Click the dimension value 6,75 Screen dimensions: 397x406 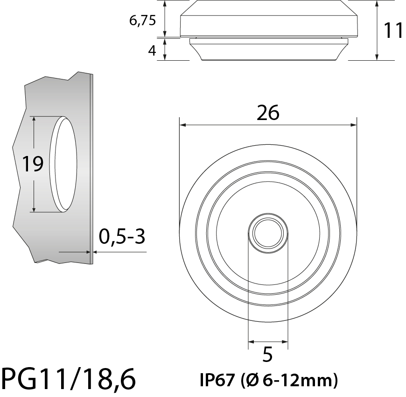click(143, 21)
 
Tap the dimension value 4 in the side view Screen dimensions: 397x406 click(152, 50)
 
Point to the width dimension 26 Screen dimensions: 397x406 click(268, 113)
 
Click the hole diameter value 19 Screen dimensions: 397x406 click(33, 164)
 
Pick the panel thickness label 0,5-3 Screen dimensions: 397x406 click(122, 237)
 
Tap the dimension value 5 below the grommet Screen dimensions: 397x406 click(267, 355)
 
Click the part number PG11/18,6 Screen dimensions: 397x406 click(69, 379)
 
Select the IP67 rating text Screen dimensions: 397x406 click(217, 381)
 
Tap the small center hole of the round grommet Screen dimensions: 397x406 click(268, 233)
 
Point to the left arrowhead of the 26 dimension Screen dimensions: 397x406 click(182, 125)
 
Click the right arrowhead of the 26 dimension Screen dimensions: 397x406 click(354, 125)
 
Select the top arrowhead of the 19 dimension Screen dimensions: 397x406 click(34, 120)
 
